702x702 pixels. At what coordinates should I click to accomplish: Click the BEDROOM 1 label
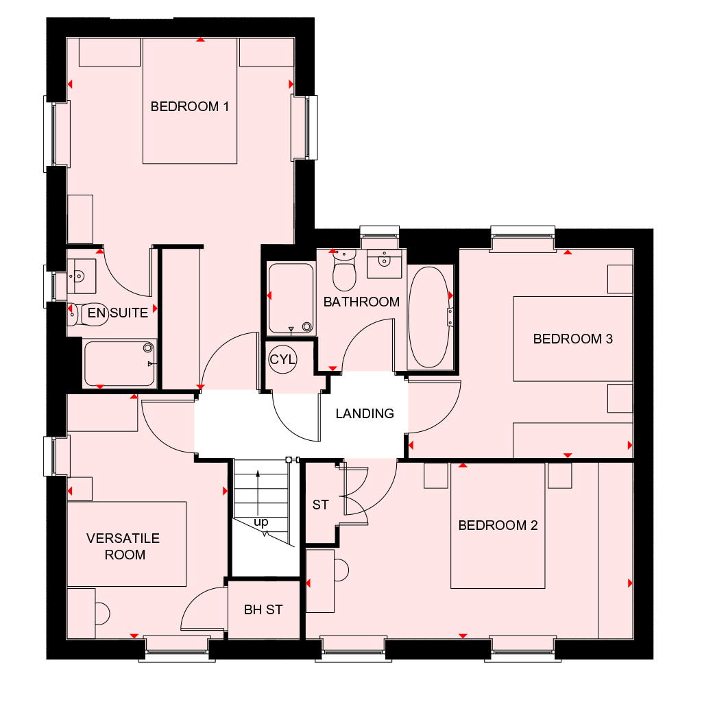(189, 107)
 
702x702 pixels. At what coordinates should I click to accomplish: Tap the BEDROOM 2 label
(498, 526)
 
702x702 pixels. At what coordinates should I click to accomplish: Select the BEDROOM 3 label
(572, 339)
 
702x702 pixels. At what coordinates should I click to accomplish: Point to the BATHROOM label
(361, 302)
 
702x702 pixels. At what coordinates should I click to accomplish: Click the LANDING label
(365, 413)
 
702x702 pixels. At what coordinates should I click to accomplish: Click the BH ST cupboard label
(263, 609)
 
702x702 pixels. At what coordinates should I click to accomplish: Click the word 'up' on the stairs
(261, 522)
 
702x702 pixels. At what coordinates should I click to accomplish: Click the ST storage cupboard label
(320, 505)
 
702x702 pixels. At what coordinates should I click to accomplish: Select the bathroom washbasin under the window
(383, 261)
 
